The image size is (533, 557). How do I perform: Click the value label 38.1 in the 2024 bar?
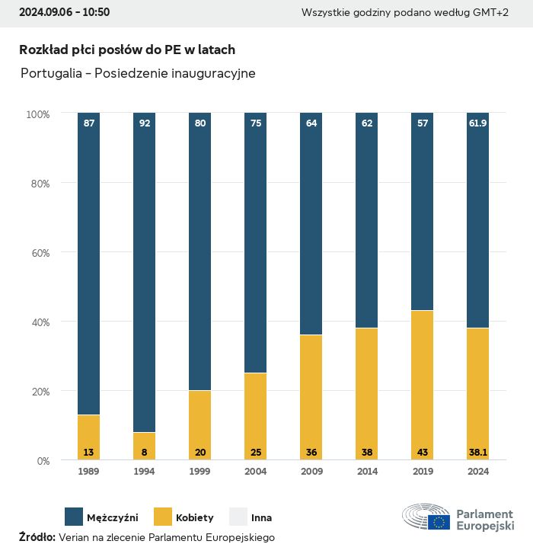[x=477, y=453]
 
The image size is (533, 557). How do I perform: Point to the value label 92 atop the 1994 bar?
[x=144, y=123]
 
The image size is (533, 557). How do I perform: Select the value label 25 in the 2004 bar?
[x=255, y=453]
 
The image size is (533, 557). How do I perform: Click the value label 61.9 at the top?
[x=477, y=123]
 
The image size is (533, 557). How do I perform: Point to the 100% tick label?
[x=37, y=114]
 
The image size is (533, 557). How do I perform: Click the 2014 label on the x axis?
[x=366, y=472]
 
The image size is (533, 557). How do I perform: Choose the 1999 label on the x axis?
[x=199, y=472]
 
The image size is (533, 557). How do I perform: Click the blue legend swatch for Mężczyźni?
[x=74, y=517]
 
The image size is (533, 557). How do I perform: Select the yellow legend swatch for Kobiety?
[x=164, y=517]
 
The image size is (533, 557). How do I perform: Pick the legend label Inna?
[x=261, y=517]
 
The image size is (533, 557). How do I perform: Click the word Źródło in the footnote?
[x=37, y=537]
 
